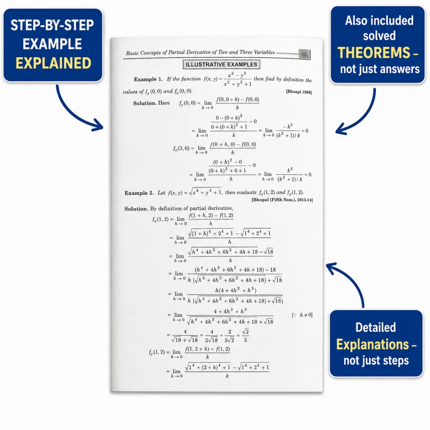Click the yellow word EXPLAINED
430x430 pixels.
point(53,63)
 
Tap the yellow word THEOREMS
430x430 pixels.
point(374,52)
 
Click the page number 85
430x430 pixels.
point(304,54)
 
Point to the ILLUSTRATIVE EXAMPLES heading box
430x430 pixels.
point(221,64)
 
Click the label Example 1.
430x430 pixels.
point(148,79)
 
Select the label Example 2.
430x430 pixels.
point(139,193)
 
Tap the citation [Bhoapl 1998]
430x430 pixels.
point(299,92)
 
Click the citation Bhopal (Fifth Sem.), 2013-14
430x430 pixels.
point(282,200)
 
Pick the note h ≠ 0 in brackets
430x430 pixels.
point(302,315)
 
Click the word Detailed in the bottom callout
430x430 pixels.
point(376,327)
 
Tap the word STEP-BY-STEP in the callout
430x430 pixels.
point(52,25)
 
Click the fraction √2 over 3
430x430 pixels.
point(246,336)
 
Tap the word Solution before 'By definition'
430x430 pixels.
point(136,209)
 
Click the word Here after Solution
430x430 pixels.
point(164,103)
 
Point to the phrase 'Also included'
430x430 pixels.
point(379,21)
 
